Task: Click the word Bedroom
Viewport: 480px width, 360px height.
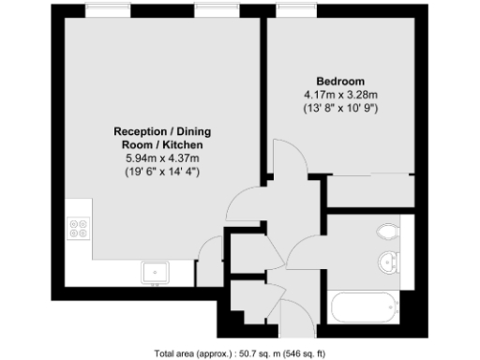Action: pyautogui.click(x=340, y=81)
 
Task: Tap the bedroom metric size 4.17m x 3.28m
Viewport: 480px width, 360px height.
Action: pyautogui.click(x=340, y=95)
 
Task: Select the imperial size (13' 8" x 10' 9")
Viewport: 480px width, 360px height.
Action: pyautogui.click(x=340, y=108)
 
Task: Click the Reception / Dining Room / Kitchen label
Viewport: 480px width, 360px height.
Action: pyautogui.click(x=157, y=139)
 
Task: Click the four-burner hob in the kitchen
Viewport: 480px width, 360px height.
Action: pyautogui.click(x=79, y=229)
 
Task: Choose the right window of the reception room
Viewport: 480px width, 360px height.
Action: pyautogui.click(x=214, y=10)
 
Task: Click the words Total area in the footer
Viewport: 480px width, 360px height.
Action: pyautogui.click(x=172, y=353)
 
